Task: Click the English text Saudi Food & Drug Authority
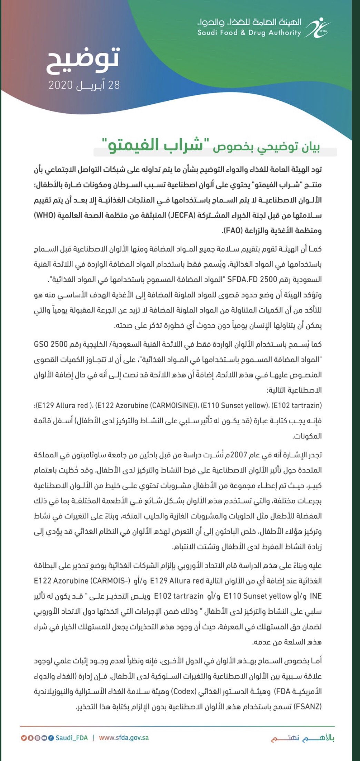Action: pos(249,33)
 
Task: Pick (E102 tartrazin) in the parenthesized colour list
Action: pos(297,405)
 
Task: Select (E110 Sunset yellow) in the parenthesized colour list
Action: pos(235,405)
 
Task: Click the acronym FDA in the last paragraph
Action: pos(282,691)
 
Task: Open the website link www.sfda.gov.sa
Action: pos(124,738)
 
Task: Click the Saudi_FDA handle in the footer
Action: pos(72,738)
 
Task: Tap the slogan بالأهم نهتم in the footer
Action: pos(302,738)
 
